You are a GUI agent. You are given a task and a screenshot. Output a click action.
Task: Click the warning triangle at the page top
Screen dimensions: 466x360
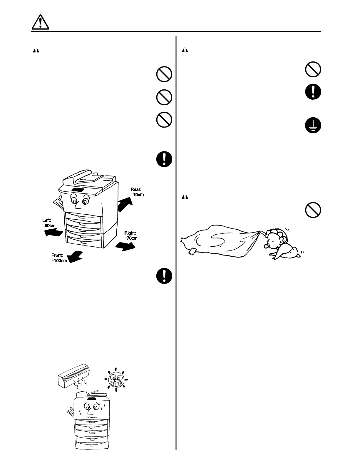[41, 22]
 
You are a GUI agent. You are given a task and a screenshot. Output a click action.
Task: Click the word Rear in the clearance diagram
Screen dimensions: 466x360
[136, 189]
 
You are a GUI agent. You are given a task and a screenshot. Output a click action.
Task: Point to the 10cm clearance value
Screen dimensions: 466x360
[138, 195]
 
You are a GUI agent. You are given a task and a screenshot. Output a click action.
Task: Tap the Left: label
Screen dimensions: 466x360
[47, 220]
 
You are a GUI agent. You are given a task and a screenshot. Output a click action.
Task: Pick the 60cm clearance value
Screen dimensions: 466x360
[49, 226]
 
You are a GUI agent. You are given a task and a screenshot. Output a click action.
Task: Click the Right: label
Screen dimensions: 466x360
[130, 233]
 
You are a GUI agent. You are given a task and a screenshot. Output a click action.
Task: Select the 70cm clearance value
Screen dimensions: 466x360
[131, 238]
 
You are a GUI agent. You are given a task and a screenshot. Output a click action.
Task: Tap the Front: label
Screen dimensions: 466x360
[57, 255]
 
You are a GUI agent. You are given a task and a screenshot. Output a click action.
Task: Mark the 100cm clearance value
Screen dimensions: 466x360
[59, 260]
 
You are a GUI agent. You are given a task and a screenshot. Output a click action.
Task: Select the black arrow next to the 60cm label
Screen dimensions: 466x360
[53, 233]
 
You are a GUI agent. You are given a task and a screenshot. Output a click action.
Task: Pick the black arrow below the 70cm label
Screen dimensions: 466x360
[125, 246]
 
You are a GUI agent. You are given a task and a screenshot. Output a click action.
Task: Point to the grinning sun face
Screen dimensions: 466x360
[116, 380]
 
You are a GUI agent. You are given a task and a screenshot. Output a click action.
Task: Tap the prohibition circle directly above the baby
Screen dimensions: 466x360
[313, 210]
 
